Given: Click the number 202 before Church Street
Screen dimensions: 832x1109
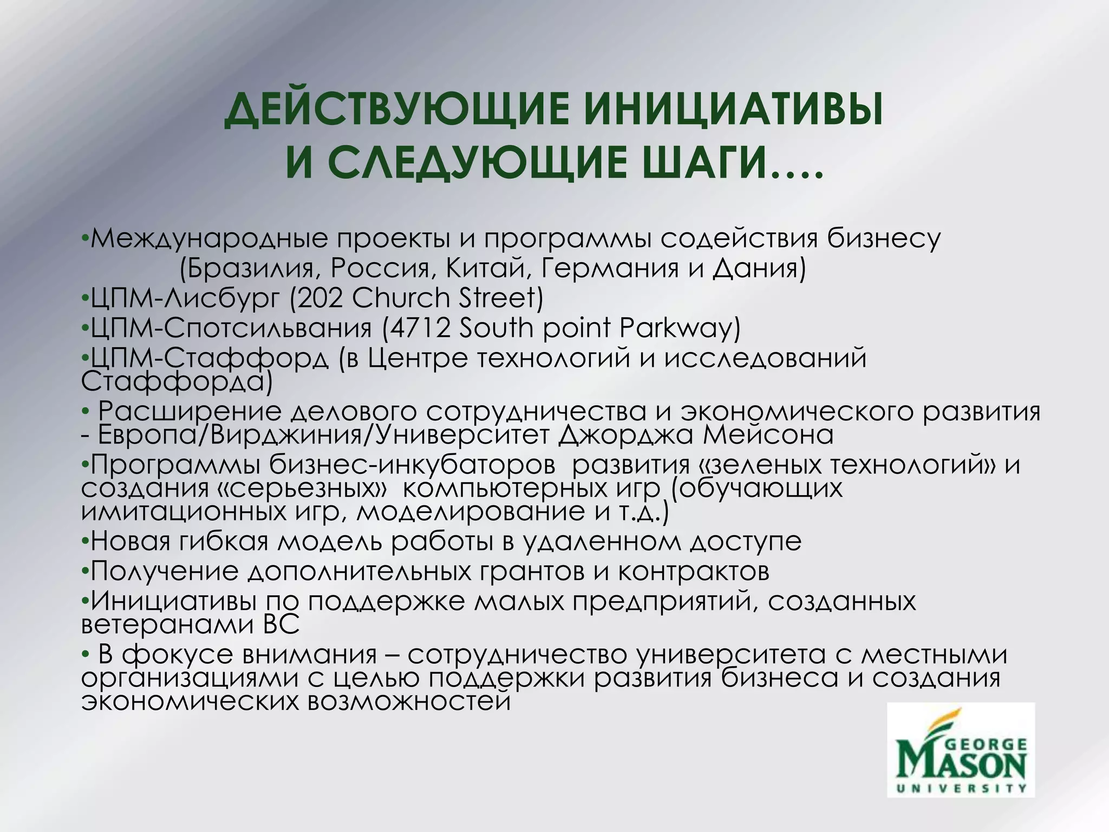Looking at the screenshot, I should [320, 298].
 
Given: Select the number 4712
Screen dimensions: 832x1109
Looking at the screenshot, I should [420, 328].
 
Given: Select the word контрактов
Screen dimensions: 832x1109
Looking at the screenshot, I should [694, 571].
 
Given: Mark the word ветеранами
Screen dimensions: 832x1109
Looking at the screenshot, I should [162, 625].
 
